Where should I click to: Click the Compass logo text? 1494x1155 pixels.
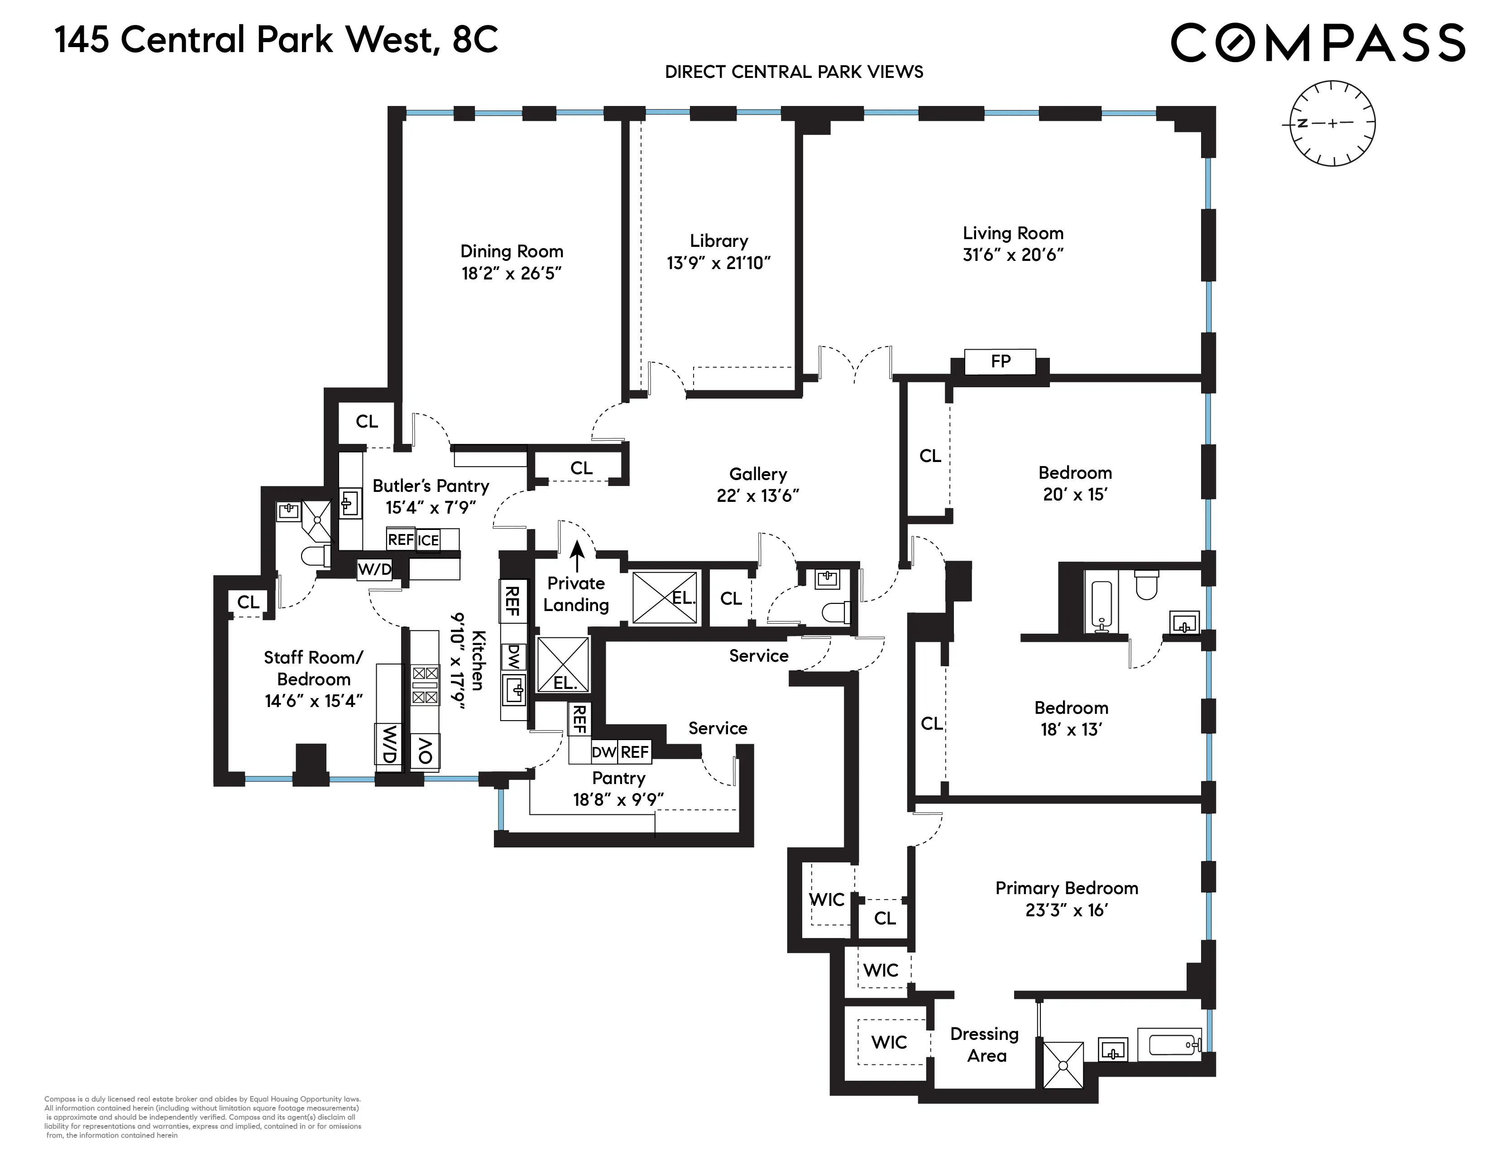click(x=1317, y=43)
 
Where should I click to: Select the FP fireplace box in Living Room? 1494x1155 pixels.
click(x=1000, y=361)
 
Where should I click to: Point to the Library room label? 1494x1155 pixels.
click(x=718, y=241)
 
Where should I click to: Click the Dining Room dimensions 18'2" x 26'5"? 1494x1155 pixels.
click(x=511, y=274)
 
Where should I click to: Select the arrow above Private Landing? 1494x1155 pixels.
click(x=577, y=555)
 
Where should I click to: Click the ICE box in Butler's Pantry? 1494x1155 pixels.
click(x=428, y=540)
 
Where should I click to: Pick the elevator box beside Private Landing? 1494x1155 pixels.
click(x=664, y=597)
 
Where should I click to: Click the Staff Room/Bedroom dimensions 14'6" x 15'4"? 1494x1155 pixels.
click(x=313, y=701)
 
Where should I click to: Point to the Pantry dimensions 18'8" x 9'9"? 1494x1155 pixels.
click(x=618, y=799)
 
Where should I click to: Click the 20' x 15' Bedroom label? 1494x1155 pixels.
click(x=1075, y=473)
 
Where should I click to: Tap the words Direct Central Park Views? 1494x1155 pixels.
click(x=794, y=72)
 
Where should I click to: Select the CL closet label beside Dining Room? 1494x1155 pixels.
click(x=367, y=422)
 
